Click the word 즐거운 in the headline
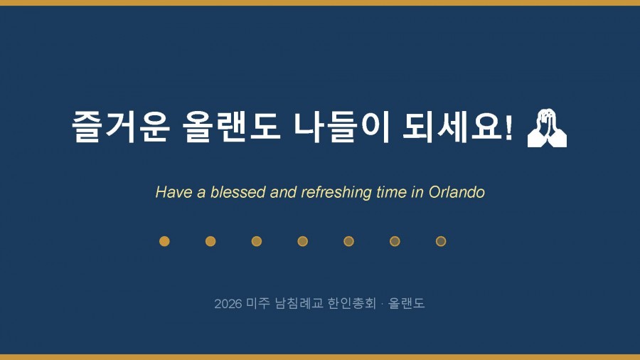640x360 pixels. point(121,126)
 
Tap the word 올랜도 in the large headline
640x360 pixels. point(231,126)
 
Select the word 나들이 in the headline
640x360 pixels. point(341,126)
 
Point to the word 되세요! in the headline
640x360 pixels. point(457,126)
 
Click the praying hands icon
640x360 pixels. point(547,128)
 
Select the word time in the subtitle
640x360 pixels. point(391,192)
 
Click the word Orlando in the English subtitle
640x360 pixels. point(457,192)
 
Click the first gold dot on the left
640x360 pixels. point(164,241)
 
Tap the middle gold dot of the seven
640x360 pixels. point(302,241)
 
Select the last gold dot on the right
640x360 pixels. point(441,241)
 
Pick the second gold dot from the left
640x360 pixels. point(210,241)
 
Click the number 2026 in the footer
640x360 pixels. point(228,304)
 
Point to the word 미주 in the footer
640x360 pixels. point(258,303)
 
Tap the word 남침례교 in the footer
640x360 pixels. point(299,303)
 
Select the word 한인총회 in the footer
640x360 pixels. point(352,303)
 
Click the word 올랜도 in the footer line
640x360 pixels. point(406,303)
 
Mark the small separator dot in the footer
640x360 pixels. point(382,304)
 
